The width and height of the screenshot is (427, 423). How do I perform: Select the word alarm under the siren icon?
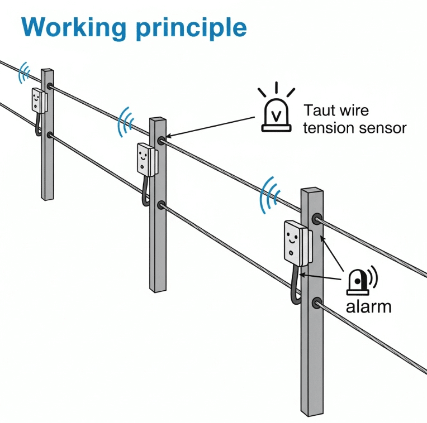[368, 306]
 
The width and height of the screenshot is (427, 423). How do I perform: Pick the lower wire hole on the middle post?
[161, 205]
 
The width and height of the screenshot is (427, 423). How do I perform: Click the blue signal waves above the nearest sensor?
[271, 195]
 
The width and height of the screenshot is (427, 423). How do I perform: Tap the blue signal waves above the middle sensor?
[126, 122]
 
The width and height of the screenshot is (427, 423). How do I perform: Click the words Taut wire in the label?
[335, 110]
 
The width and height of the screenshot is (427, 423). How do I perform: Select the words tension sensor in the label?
[354, 128]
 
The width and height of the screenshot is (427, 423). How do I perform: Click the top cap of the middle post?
[158, 121]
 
